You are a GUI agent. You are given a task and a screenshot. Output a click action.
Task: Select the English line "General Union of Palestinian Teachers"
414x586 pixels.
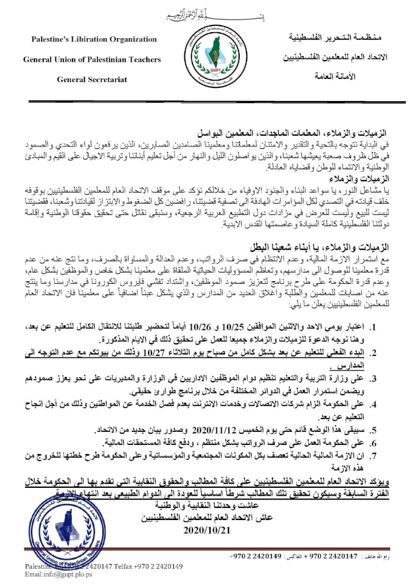[x=92, y=60]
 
